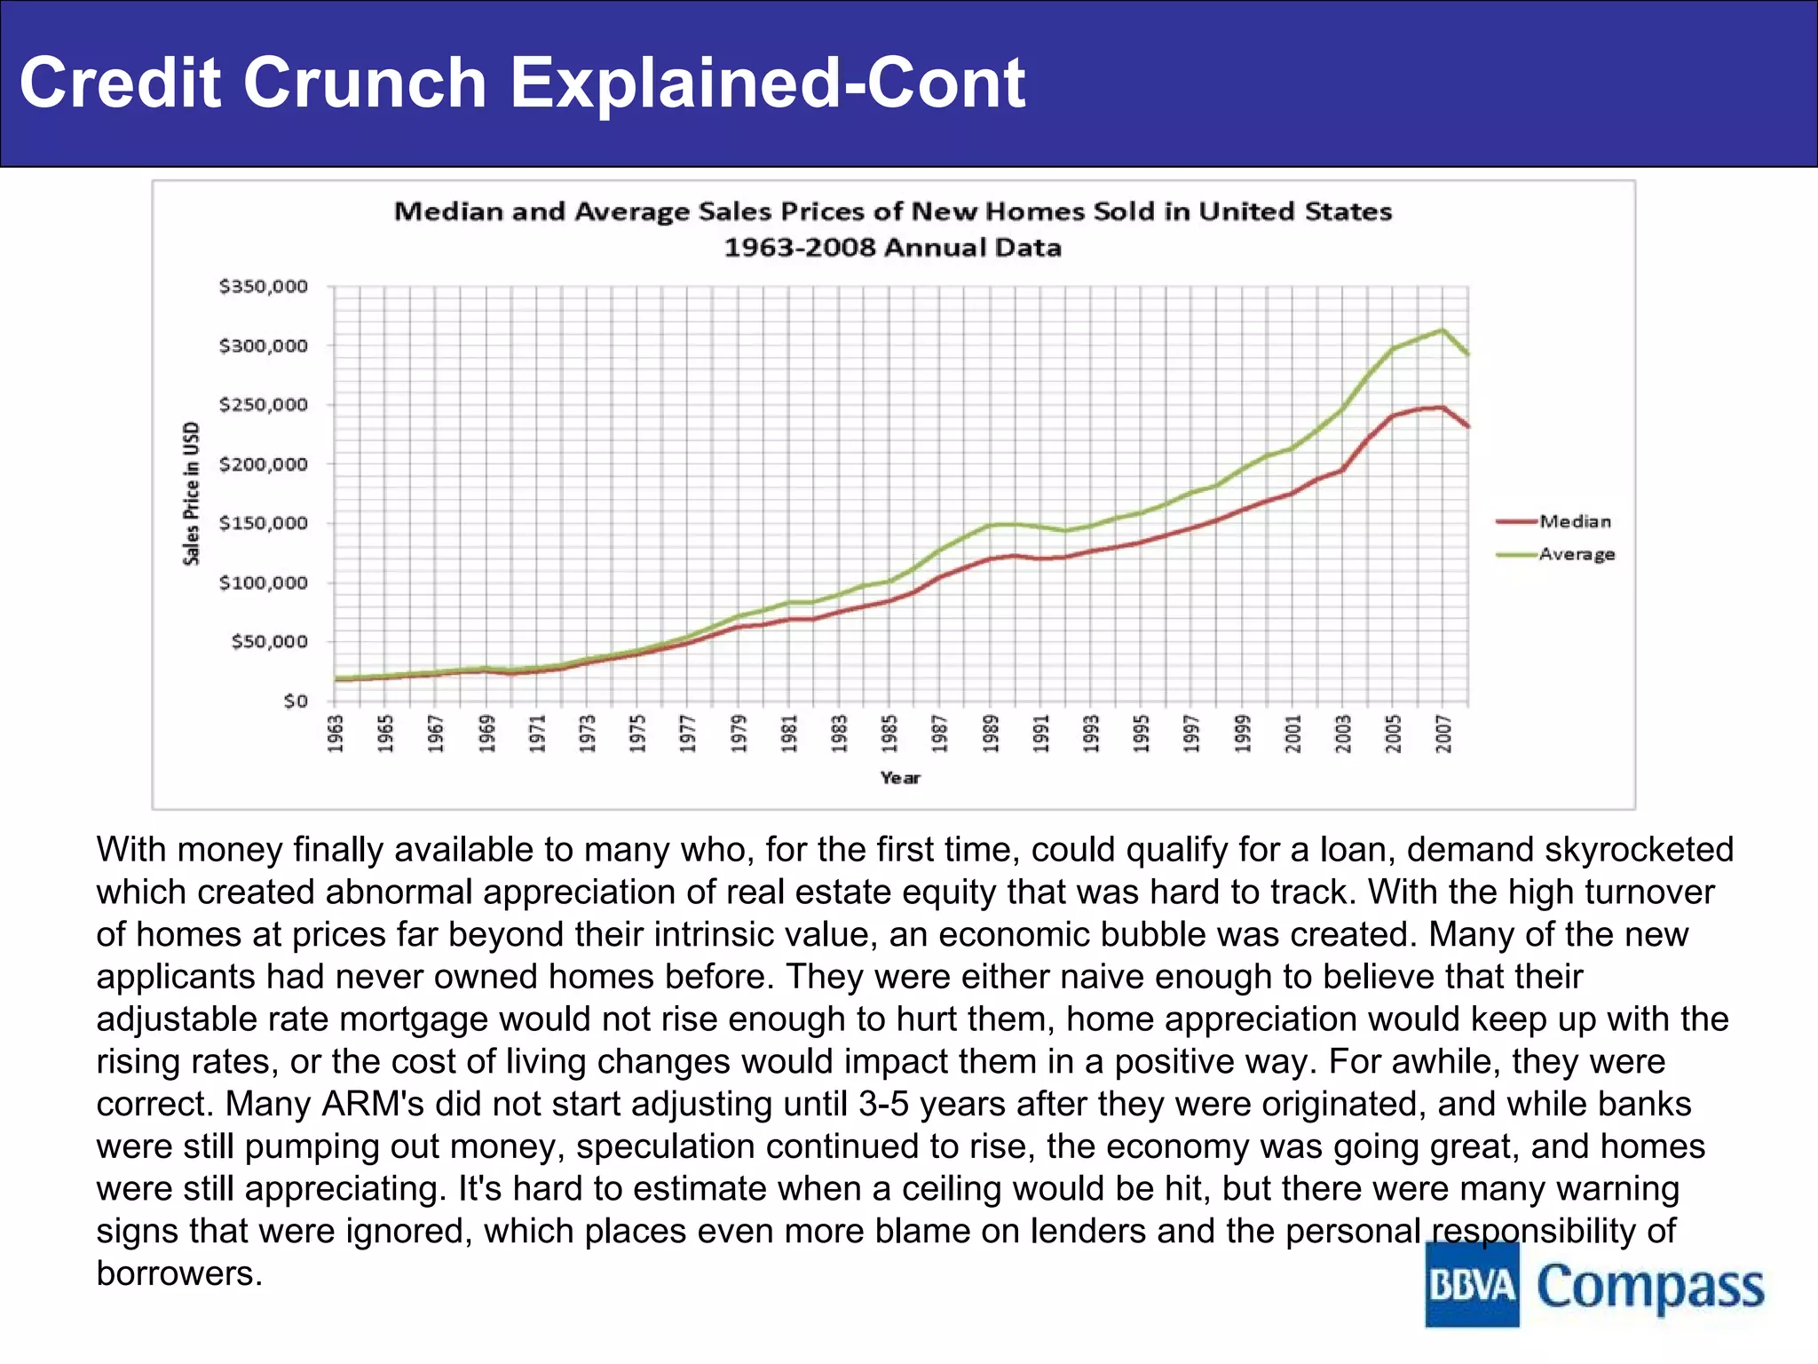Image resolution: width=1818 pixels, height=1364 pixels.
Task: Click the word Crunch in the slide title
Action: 364,83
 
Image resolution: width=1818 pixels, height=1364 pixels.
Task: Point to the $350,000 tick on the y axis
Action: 264,286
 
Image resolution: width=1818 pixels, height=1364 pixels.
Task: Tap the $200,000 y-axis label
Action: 264,464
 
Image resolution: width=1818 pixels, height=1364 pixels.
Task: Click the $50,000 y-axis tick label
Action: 269,641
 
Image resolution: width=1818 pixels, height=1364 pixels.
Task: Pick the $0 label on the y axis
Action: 296,701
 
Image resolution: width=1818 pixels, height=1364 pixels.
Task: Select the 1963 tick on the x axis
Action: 336,734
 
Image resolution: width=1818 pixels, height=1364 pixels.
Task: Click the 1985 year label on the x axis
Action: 889,734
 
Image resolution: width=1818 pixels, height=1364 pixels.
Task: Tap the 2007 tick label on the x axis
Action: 1443,734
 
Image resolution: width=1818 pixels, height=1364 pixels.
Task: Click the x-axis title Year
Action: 900,778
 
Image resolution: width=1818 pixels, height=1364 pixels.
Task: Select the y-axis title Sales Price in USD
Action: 192,494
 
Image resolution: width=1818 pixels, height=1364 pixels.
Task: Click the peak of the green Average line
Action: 1443,330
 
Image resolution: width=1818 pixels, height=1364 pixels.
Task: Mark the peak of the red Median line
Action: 1443,408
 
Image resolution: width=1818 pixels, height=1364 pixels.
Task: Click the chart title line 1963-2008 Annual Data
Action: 892,247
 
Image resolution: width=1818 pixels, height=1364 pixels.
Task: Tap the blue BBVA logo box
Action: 1472,1285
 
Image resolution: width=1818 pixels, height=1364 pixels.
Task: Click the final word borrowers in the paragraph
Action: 178,1273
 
